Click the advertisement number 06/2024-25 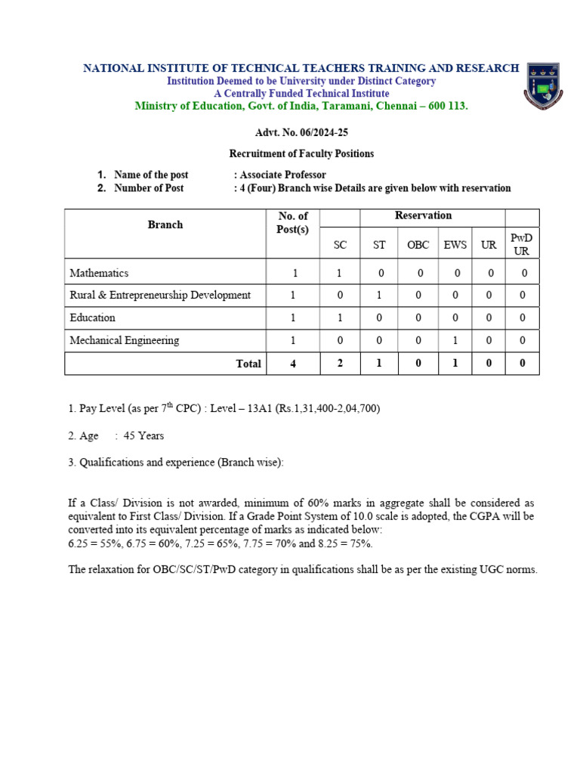click(301, 133)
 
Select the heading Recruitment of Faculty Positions click(301, 153)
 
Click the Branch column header click(165, 224)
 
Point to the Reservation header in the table click(423, 216)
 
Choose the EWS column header click(455, 246)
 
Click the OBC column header click(418, 246)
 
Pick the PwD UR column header click(522, 244)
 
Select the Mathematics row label click(99, 273)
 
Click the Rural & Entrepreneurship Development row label click(160, 295)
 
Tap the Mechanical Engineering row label click(125, 340)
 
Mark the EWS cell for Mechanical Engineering click(455, 340)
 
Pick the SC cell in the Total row click(340, 364)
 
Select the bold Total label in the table click(248, 364)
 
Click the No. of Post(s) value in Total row click(293, 364)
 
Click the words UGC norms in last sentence click(510, 569)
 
